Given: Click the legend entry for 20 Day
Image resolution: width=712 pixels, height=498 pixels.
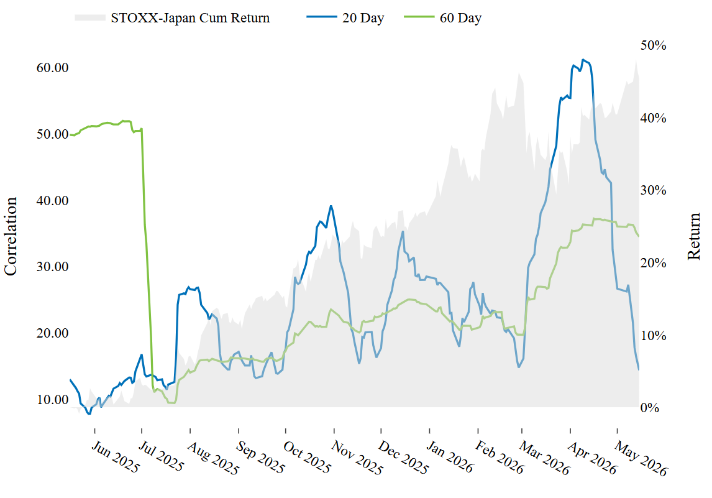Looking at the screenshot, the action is pyautogui.click(x=345, y=18).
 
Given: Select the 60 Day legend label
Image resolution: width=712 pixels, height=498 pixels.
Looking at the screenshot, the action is pyautogui.click(x=443, y=18).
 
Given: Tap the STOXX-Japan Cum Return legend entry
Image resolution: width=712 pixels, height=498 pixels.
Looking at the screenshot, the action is pyautogui.click(x=173, y=18).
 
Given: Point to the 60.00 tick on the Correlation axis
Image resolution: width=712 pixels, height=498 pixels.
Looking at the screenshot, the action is pyautogui.click(x=52, y=68).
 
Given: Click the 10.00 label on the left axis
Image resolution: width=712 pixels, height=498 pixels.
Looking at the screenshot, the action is pyautogui.click(x=52, y=400).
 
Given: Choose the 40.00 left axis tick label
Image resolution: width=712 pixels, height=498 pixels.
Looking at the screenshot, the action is pyautogui.click(x=52, y=200).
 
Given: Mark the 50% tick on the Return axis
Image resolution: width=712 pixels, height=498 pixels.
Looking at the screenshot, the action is pyautogui.click(x=654, y=45).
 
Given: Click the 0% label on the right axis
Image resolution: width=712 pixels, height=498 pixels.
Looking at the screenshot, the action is pyautogui.click(x=650, y=408).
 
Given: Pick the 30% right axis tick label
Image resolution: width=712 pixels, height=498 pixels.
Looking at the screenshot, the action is pyautogui.click(x=654, y=190).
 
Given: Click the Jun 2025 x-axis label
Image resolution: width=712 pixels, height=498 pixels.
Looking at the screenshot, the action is pyautogui.click(x=116, y=456).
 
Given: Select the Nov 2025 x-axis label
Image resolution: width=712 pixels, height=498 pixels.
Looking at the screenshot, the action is pyautogui.click(x=357, y=458).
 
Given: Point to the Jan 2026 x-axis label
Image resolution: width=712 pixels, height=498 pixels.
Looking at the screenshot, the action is pyautogui.click(x=450, y=456).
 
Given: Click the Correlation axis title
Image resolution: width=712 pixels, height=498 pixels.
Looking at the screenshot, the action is pyautogui.click(x=11, y=236).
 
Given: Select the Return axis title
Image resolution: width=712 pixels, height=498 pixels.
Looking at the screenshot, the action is pyautogui.click(x=694, y=236).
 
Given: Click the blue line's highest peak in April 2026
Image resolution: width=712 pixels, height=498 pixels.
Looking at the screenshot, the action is pyautogui.click(x=583, y=60).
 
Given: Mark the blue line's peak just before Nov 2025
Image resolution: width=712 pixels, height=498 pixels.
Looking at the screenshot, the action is pyautogui.click(x=331, y=206).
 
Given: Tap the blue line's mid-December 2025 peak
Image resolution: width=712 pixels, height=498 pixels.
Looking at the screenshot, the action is pyautogui.click(x=403, y=232).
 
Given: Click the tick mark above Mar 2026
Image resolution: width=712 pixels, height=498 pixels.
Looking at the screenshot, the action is pyautogui.click(x=522, y=430).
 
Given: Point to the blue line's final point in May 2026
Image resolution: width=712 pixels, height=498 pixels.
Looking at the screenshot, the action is pyautogui.click(x=639, y=369).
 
